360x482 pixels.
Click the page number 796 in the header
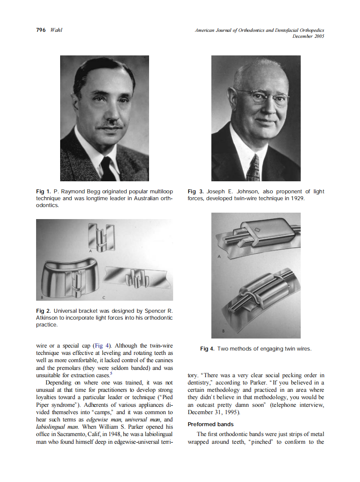[x=40, y=30]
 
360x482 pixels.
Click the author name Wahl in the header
[x=56, y=30]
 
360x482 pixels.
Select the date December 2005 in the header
[x=308, y=36]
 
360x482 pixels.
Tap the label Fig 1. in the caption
[x=43, y=192]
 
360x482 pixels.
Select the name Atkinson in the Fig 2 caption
[x=49, y=318]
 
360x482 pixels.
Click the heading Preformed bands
[x=211, y=424]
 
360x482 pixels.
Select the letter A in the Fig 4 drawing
[x=219, y=256]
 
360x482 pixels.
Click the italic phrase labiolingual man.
[x=57, y=427]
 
